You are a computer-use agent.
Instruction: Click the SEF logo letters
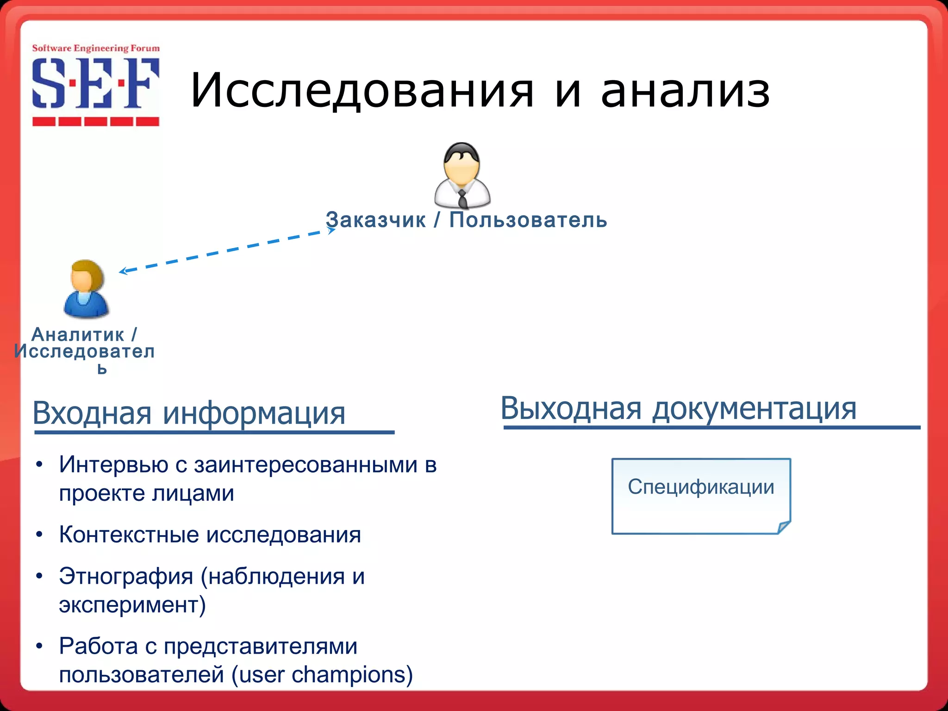click(95, 84)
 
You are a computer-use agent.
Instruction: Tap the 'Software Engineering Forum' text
click(95, 48)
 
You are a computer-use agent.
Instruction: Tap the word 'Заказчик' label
click(375, 220)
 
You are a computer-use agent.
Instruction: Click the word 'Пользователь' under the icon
click(528, 220)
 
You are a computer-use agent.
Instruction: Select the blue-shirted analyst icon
click(86, 289)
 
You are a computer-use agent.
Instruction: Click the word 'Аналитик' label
click(78, 335)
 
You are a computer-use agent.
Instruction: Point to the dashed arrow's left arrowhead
click(122, 271)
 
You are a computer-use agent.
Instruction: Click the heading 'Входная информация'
click(189, 413)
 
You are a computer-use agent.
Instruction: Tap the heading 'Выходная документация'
click(678, 409)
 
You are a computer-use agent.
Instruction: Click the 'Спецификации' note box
click(701, 496)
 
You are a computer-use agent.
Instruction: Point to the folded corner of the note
click(784, 527)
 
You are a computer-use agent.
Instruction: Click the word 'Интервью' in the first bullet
click(113, 465)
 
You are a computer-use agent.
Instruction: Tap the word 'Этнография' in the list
click(126, 577)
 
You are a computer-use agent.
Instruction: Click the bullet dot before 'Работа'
click(40, 646)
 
